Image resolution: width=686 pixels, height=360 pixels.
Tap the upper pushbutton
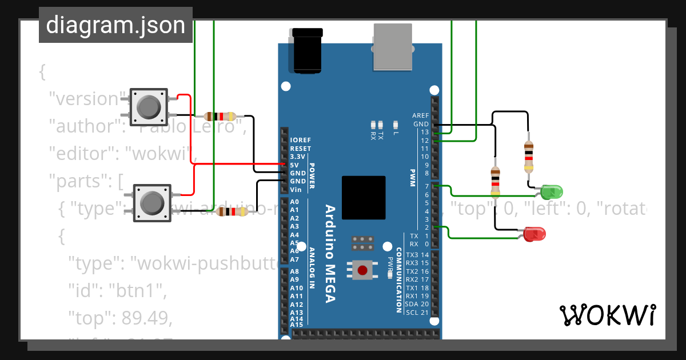[148, 106]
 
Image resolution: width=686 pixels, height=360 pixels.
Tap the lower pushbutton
[151, 202]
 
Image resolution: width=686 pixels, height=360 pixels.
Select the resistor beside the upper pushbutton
[220, 115]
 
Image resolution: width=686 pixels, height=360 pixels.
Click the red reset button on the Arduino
[362, 270]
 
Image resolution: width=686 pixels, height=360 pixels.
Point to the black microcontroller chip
[364, 197]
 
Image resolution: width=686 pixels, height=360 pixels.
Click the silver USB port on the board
[393, 47]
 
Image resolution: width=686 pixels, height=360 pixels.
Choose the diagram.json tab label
[115, 25]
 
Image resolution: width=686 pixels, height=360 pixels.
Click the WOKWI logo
[607, 315]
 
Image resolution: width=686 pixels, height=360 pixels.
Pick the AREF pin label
[420, 115]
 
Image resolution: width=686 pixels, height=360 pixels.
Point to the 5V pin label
[295, 165]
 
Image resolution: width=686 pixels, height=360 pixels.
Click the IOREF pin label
[300, 140]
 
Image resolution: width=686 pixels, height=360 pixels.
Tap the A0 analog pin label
[294, 202]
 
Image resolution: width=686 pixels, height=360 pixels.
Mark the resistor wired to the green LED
[529, 157]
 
